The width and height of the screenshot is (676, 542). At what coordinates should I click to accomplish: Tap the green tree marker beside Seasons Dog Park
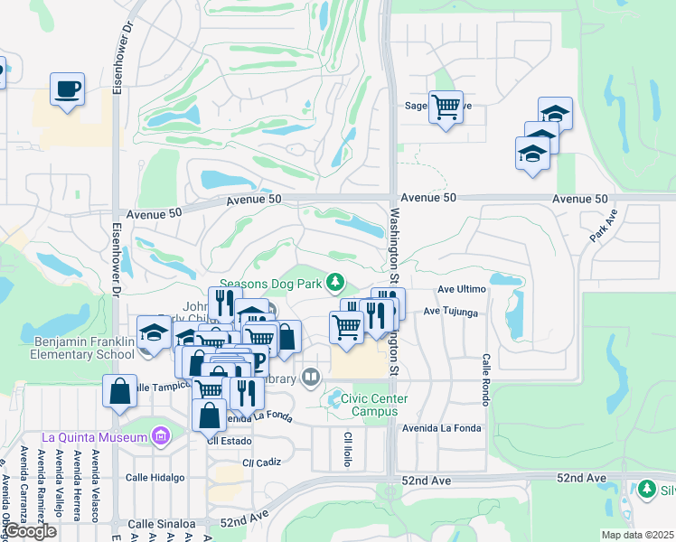pos(336,284)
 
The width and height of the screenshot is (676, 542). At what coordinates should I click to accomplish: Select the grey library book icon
pos(311,376)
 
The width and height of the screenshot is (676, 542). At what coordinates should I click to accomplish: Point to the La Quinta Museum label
pos(93,438)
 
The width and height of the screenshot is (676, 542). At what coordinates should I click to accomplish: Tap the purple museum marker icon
pos(160,437)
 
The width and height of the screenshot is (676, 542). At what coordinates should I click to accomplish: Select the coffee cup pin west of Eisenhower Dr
pos(67,89)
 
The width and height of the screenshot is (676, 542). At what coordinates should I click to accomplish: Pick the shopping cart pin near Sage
pos(446,107)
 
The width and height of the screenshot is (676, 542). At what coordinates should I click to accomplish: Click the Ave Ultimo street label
pos(462,289)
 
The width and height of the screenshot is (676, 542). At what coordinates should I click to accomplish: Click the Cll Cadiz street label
pos(238,462)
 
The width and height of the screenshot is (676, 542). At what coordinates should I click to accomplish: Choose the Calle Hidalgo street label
pos(155,477)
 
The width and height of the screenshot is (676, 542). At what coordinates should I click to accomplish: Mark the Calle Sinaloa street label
pos(161,523)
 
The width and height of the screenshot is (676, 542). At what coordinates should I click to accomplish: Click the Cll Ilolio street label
pos(348,448)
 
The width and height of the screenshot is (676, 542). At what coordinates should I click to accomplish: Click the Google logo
pos(30,531)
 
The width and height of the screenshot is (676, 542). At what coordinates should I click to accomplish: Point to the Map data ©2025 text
pos(638,535)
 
